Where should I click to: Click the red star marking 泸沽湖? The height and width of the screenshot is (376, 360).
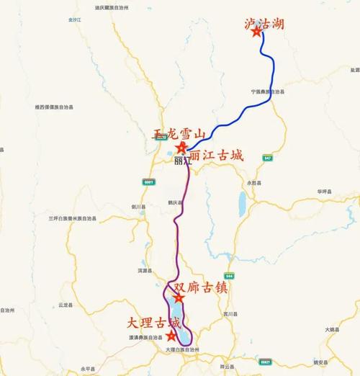(256, 41)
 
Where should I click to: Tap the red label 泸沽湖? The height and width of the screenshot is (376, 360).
(264, 24)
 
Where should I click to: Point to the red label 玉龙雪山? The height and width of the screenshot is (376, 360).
(179, 135)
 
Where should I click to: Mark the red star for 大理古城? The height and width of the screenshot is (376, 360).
(171, 335)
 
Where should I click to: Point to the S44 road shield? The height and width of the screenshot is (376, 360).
(230, 276)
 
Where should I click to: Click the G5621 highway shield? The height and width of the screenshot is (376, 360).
(266, 362)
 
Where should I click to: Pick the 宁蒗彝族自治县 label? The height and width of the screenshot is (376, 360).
(268, 91)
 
